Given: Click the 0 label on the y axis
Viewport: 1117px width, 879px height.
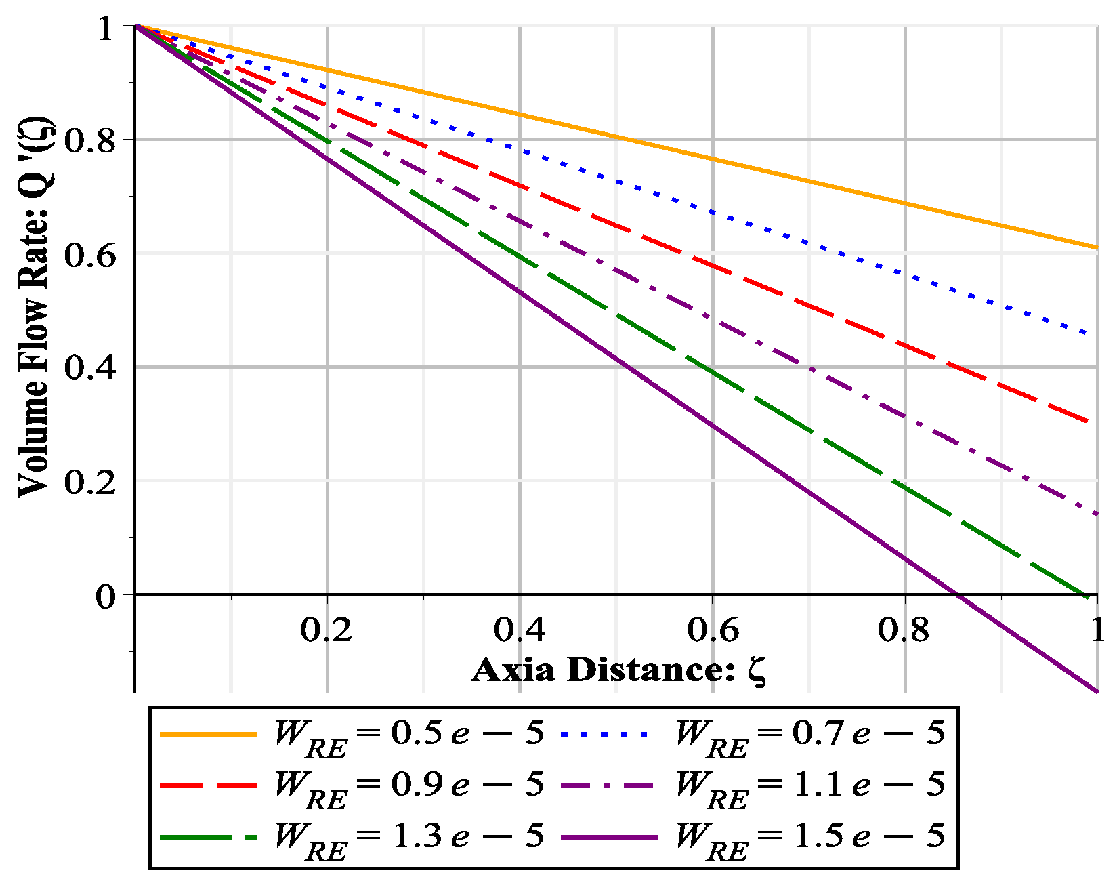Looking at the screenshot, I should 106,597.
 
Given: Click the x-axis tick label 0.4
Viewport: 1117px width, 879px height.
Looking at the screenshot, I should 520,630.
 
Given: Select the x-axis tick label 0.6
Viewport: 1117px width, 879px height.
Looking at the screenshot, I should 713,630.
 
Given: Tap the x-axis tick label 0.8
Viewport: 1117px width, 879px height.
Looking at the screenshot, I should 904,630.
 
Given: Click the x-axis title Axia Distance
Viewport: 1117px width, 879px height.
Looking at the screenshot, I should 619,670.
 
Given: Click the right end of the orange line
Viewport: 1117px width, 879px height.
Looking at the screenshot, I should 1097,247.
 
